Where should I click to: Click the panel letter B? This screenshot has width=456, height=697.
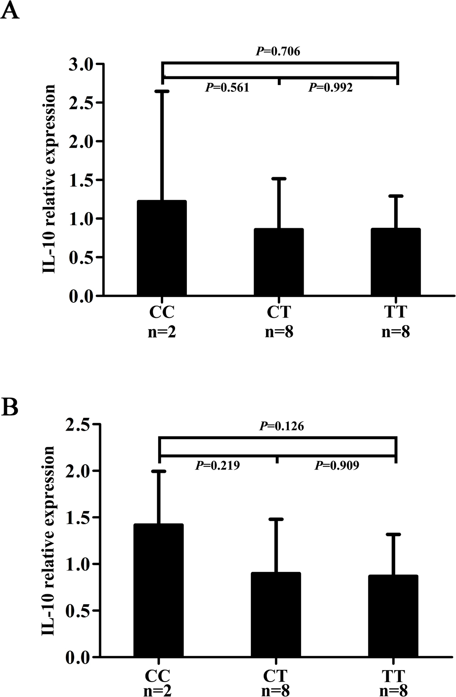(x=10, y=407)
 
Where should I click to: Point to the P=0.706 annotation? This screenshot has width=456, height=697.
(x=278, y=51)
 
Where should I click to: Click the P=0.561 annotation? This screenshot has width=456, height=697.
(x=227, y=87)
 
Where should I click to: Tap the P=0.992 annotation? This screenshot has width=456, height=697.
(x=331, y=87)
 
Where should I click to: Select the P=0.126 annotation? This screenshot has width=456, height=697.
(x=281, y=426)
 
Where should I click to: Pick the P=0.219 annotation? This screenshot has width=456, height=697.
(x=217, y=465)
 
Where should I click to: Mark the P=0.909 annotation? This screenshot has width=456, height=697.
(x=337, y=465)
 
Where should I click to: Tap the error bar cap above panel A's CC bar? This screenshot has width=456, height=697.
(x=162, y=91)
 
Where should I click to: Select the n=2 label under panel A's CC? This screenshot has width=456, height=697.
(x=162, y=332)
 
